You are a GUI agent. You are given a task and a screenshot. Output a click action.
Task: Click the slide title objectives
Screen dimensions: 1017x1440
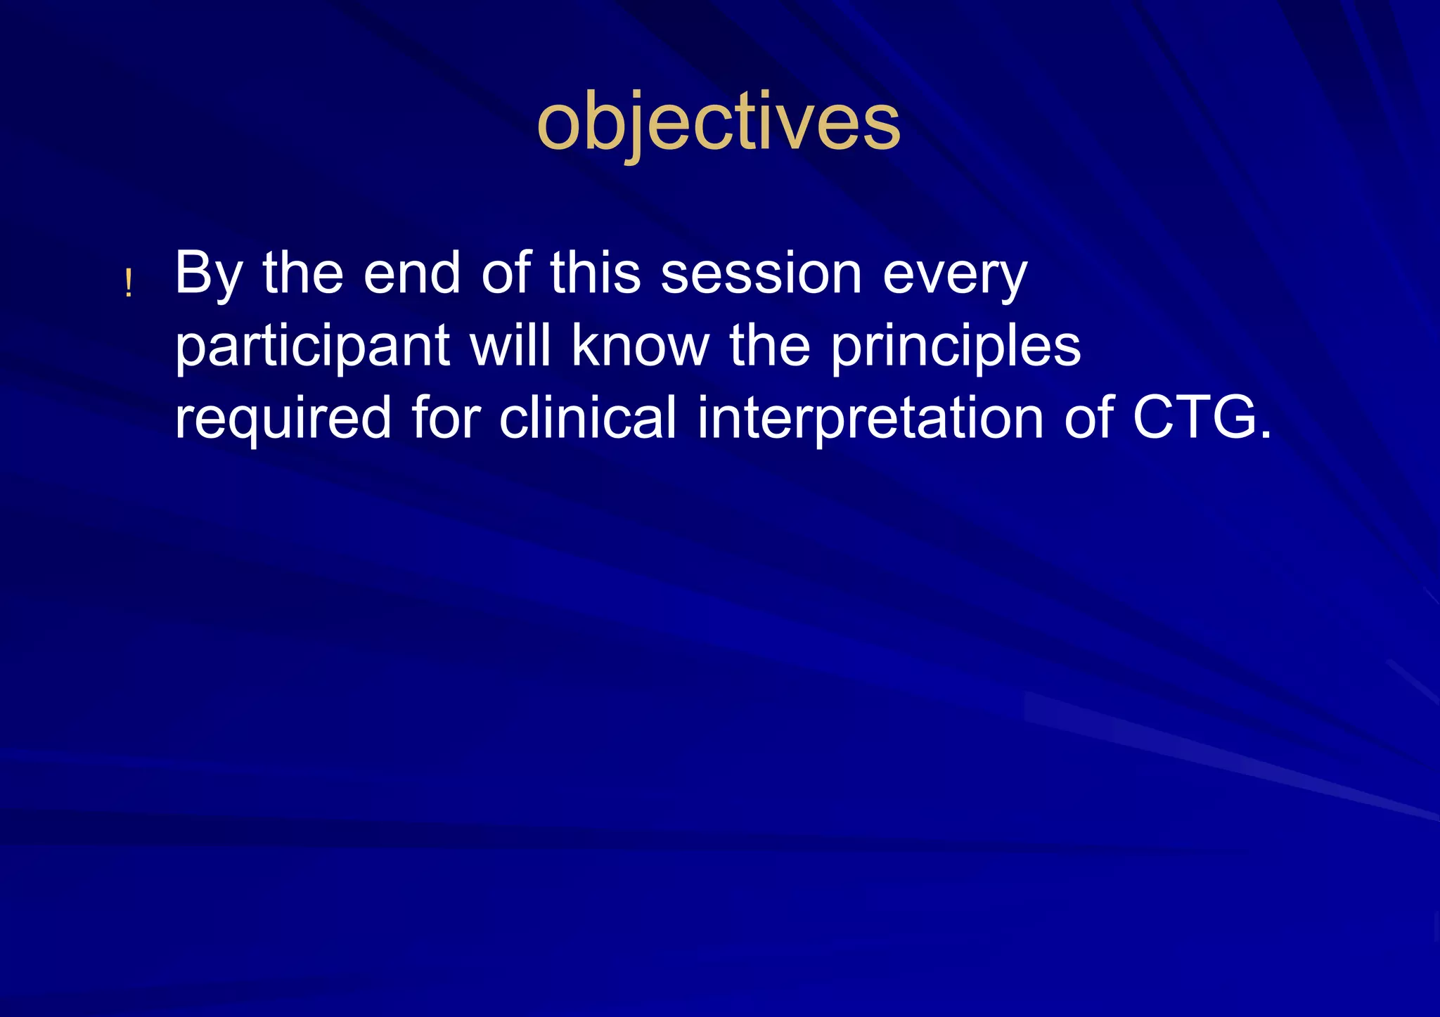click(718, 123)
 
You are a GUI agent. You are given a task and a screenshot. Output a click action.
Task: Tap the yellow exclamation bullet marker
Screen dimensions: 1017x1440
click(128, 284)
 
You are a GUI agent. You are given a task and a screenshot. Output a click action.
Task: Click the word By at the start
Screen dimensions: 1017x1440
click(209, 274)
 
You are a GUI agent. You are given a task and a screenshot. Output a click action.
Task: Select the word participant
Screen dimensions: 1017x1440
click(312, 347)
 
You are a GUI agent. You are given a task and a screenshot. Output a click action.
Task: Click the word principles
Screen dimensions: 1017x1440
click(956, 347)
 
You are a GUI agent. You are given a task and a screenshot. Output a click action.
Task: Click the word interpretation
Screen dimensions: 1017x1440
click(870, 419)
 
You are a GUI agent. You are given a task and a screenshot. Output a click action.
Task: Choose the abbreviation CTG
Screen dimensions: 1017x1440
click(1194, 417)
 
